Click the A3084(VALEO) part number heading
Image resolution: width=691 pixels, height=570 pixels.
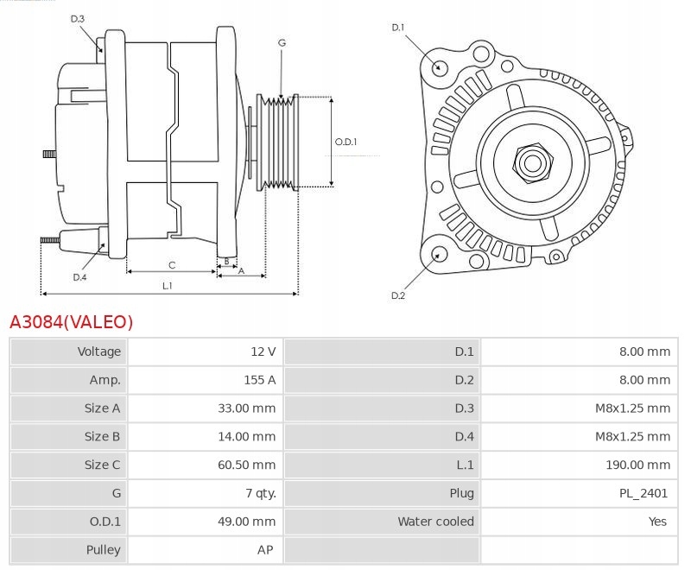72,322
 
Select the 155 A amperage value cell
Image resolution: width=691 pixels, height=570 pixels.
260,380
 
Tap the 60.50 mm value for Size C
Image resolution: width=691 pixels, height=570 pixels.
246,465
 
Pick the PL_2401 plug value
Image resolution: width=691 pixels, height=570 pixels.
643,493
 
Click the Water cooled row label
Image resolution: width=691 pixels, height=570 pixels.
436,522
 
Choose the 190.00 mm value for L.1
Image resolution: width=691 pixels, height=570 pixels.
637,465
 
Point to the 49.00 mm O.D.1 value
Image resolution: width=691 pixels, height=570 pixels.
246,522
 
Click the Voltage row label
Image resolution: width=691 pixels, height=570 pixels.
98,351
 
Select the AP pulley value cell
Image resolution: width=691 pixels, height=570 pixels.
265,550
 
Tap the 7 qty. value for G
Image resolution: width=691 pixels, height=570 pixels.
261,493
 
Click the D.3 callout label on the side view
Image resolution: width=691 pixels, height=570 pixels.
77,19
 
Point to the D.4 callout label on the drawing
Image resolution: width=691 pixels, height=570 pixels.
79,277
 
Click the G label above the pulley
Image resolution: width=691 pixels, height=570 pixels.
282,42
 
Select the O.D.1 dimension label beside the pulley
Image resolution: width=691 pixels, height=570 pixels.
346,142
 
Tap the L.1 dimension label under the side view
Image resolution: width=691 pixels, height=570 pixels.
167,286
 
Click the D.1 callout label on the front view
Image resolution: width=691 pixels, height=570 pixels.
398,28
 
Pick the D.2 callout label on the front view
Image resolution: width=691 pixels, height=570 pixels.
398,295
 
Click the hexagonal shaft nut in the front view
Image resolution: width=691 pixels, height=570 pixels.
532,164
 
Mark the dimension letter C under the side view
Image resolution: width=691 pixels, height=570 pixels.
172,265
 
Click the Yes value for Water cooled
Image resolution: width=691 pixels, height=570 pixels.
657,522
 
